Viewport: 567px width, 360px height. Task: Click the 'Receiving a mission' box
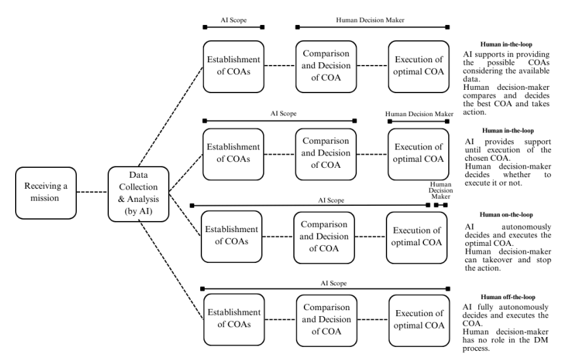click(x=46, y=193)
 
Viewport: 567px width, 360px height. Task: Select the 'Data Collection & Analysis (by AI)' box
click(x=138, y=193)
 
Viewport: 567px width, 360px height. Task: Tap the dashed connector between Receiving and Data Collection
click(x=93, y=192)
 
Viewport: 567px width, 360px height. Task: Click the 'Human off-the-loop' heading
click(x=508, y=297)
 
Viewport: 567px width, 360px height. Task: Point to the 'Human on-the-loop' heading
click(x=506, y=214)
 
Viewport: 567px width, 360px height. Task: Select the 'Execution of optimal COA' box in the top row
click(x=419, y=66)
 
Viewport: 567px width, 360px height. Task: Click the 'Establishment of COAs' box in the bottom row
click(x=234, y=319)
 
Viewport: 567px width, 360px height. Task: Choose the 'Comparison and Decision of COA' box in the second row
click(x=325, y=154)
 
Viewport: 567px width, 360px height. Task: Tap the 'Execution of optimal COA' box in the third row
click(x=417, y=237)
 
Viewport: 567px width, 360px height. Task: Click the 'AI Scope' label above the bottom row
click(x=333, y=283)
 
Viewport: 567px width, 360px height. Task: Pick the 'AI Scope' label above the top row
click(x=234, y=20)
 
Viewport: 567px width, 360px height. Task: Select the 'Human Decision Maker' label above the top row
click(x=370, y=20)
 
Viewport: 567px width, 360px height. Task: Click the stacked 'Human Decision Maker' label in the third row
click(x=440, y=190)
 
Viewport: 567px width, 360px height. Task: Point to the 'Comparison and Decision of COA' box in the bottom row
click(x=327, y=320)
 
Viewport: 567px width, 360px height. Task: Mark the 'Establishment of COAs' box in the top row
click(x=234, y=66)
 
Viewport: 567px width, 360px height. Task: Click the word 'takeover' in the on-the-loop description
click(x=497, y=260)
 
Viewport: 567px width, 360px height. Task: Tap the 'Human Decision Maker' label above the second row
click(x=419, y=114)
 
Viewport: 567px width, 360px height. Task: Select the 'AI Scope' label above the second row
click(x=283, y=113)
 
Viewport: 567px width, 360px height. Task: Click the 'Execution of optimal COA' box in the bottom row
click(x=419, y=320)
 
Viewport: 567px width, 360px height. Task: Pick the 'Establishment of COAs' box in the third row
click(x=232, y=237)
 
